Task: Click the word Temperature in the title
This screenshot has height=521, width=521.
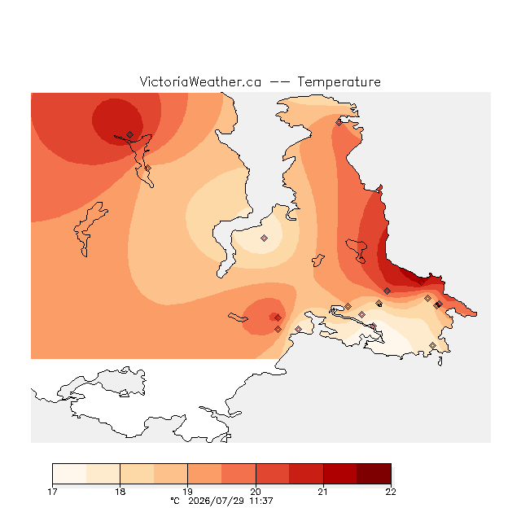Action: [x=339, y=81]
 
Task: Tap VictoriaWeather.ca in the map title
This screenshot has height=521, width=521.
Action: [x=200, y=81]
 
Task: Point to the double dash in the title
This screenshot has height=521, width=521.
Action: [x=279, y=82]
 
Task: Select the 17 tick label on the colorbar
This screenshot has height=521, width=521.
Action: [x=52, y=492]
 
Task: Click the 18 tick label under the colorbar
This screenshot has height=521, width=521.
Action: [x=120, y=492]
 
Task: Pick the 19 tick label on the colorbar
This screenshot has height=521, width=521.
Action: [x=188, y=492]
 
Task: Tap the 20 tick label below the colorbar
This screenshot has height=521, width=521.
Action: [x=256, y=492]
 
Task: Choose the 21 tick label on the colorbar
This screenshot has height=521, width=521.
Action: [x=323, y=492]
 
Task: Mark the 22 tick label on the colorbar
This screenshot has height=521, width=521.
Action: [x=391, y=492]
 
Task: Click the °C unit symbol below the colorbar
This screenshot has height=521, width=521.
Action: [x=175, y=501]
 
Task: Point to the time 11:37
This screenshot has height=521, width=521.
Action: [x=261, y=501]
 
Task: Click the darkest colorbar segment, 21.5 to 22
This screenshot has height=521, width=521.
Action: [x=374, y=474]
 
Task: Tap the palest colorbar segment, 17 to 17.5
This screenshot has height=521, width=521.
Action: [x=69, y=474]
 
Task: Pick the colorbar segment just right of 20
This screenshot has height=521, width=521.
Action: [x=273, y=474]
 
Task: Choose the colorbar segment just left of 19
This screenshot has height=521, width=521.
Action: [x=171, y=474]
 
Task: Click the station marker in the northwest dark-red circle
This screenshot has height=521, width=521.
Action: [x=130, y=134]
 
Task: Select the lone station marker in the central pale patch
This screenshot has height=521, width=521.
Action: [x=264, y=238]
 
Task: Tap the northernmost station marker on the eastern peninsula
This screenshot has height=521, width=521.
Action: [x=339, y=123]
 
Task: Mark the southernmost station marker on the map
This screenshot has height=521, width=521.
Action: [x=432, y=345]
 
